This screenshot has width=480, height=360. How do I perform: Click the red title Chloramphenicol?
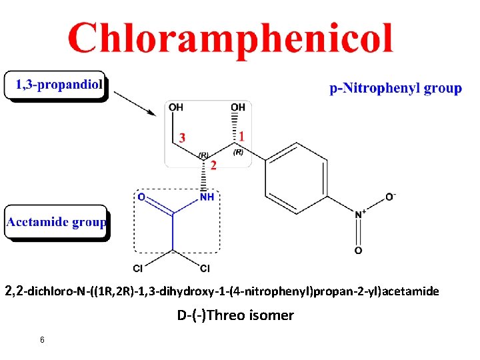[230, 38]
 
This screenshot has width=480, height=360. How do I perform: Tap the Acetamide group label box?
[57, 222]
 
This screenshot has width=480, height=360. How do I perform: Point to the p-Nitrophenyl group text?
[396, 88]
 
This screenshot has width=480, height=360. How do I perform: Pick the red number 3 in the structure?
[183, 137]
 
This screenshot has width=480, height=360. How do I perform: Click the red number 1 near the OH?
[242, 136]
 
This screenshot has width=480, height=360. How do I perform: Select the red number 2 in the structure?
[213, 165]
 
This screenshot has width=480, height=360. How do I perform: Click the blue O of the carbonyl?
[141, 197]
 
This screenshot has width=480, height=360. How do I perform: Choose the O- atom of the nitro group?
[390, 197]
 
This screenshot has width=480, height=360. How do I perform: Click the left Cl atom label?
[138, 269]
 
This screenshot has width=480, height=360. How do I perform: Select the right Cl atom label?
[205, 269]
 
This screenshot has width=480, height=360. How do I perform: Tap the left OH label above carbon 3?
[176, 107]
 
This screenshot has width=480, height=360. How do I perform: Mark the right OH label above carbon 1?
[238, 107]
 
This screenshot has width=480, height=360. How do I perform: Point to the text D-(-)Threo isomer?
[235, 315]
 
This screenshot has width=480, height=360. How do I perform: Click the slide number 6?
[42, 340]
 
